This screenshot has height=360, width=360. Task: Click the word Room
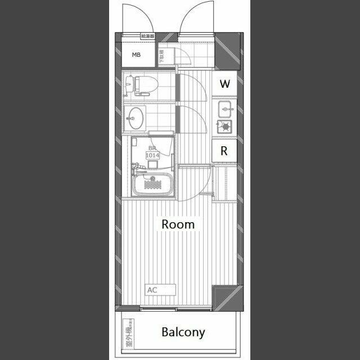(178, 224)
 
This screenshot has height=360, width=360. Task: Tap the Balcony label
(183, 332)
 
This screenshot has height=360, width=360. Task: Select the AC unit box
(160, 290)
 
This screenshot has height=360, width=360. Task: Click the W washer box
(225, 84)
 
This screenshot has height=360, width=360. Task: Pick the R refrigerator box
(224, 151)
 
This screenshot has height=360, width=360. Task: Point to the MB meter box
(136, 55)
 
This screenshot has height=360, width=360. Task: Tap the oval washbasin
(135, 118)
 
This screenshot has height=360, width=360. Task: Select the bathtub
(152, 184)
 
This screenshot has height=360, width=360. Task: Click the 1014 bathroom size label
(152, 155)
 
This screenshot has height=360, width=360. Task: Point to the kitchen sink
(226, 107)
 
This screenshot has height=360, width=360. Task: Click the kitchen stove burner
(226, 127)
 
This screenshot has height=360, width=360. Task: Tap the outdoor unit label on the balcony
(128, 333)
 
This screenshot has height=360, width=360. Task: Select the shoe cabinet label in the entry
(161, 56)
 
